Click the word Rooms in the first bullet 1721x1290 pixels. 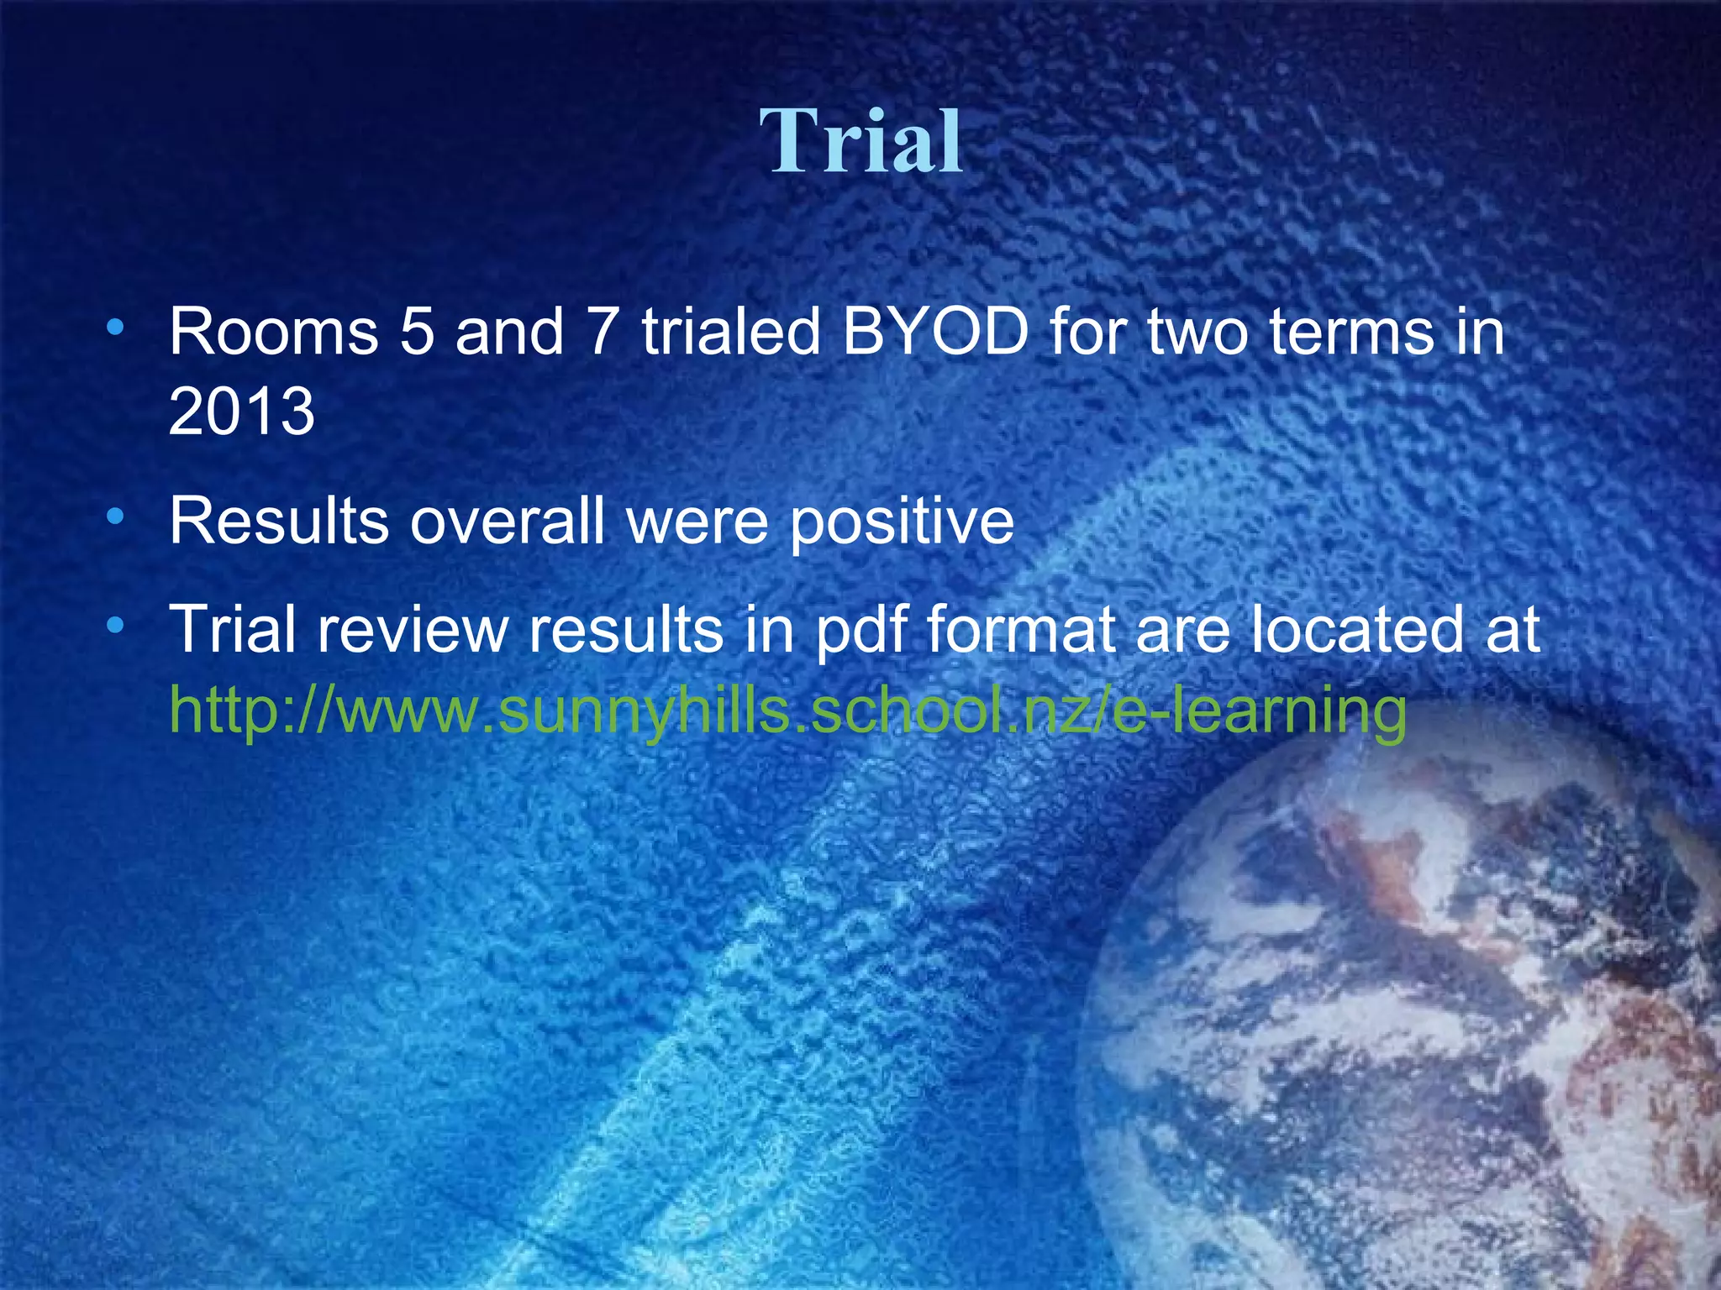click(x=274, y=332)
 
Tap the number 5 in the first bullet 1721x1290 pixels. click(x=417, y=332)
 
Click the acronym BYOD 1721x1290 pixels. click(x=935, y=332)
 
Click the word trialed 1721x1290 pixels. click(x=730, y=332)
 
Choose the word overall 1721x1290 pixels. click(x=507, y=522)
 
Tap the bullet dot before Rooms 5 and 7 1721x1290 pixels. click(x=117, y=326)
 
